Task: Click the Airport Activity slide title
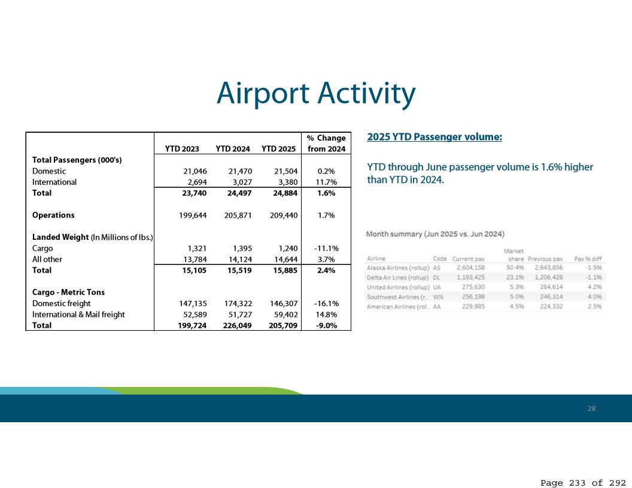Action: point(316,93)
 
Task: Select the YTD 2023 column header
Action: point(182,149)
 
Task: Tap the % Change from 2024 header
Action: point(326,144)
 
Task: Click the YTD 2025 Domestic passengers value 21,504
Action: point(285,171)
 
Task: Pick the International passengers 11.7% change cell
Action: point(326,182)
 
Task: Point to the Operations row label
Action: point(53,215)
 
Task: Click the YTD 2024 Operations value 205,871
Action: point(238,215)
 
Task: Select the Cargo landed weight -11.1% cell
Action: point(326,248)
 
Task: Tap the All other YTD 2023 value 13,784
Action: point(195,260)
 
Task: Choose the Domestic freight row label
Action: point(61,304)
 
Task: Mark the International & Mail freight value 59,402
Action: point(285,315)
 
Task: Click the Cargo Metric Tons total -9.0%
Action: point(326,325)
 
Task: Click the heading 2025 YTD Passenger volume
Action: point(434,137)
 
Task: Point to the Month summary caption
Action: point(435,234)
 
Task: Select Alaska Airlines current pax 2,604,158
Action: point(470,268)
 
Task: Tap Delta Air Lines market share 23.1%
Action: point(515,277)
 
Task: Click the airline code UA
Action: point(437,287)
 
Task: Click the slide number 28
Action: point(591,408)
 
